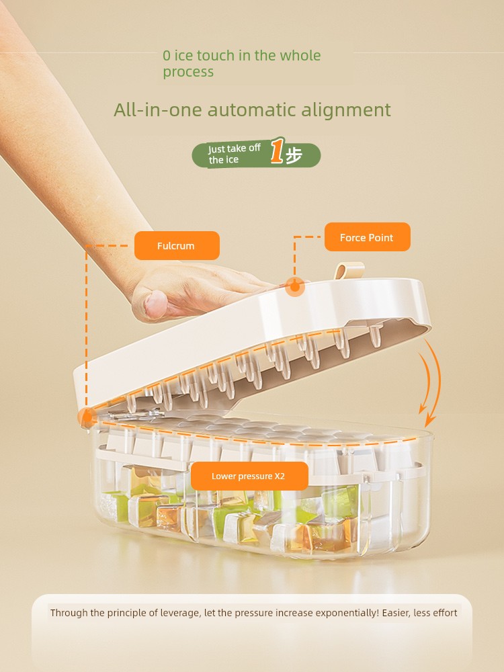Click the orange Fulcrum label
(177, 245)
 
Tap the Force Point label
(368, 237)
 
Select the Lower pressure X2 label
(249, 476)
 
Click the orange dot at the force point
(295, 287)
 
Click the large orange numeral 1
(278, 151)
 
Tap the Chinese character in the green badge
(294, 155)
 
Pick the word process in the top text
(188, 72)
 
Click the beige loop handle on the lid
(349, 271)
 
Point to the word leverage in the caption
(179, 613)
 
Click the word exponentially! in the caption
(347, 613)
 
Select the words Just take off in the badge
(235, 149)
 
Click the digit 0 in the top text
(167, 56)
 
